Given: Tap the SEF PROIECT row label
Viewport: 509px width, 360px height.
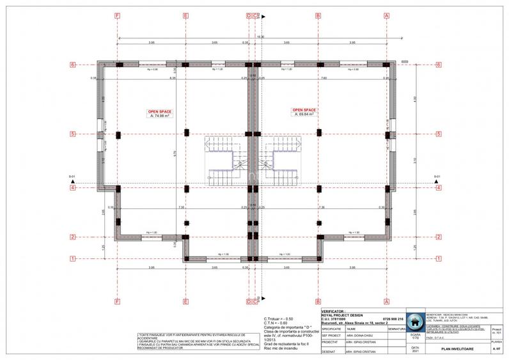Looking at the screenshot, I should [x=332, y=333].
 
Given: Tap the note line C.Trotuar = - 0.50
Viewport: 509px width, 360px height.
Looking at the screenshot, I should [x=278, y=318].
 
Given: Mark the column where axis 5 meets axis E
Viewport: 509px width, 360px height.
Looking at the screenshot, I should [x=185, y=134].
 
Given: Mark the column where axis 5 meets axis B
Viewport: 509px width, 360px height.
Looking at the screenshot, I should [x=318, y=134].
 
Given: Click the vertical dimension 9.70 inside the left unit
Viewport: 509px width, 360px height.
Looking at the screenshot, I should [x=174, y=153].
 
